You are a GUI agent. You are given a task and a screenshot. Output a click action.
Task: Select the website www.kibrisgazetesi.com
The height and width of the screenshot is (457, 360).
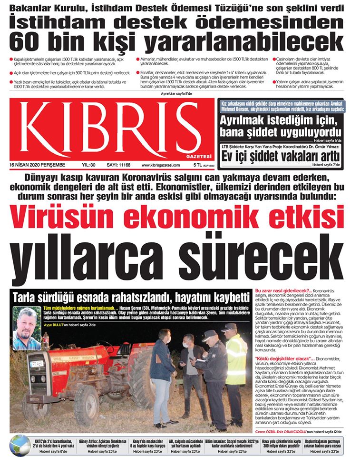point(160,165)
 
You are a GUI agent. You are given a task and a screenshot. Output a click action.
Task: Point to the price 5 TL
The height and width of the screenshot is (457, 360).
point(197,165)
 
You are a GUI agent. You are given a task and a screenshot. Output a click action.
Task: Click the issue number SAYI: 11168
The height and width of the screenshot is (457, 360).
point(118,165)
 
